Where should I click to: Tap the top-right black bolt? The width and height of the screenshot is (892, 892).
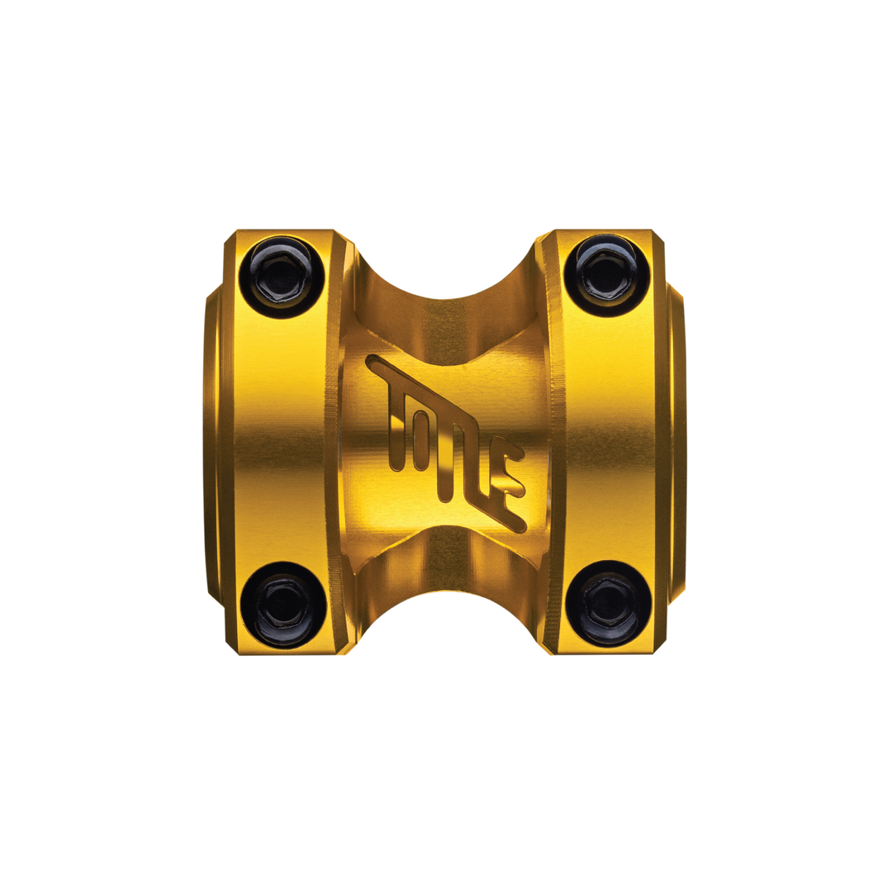pyautogui.click(x=607, y=275)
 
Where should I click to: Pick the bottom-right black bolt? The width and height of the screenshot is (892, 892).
pyautogui.click(x=608, y=603)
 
